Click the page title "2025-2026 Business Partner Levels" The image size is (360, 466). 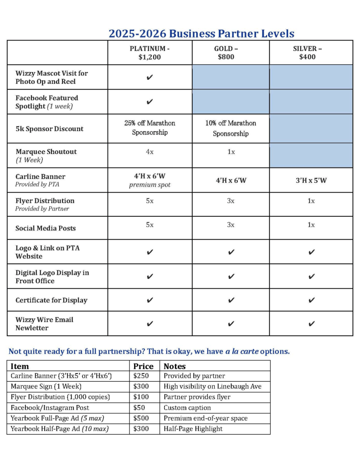click(x=201, y=33)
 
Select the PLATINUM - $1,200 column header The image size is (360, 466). click(x=149, y=53)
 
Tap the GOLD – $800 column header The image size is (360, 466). click(x=231, y=53)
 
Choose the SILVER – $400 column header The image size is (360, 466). click(x=311, y=53)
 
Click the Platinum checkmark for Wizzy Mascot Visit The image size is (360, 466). click(x=149, y=77)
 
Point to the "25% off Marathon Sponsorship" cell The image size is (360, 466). click(x=149, y=128)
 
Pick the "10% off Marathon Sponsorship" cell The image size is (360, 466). click(x=231, y=128)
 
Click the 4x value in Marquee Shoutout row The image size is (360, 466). click(x=149, y=152)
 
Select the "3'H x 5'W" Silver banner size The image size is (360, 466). click(x=311, y=180)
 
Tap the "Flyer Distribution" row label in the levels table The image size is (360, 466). click(x=45, y=201)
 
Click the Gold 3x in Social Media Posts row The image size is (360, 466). click(x=231, y=225)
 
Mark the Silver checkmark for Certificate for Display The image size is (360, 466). click(x=311, y=300)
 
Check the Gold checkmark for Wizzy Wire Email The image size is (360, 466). click(x=231, y=324)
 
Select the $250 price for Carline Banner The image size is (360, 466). click(x=141, y=376)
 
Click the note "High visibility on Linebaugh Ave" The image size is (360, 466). click(x=212, y=386)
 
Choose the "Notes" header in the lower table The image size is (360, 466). click(x=175, y=366)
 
